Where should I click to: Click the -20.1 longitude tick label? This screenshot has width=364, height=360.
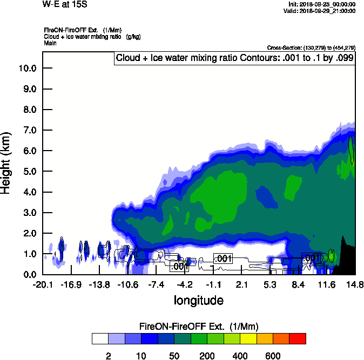[43, 284]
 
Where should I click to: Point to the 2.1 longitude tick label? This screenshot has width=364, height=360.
[241, 284]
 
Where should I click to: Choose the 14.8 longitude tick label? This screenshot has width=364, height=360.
[355, 284]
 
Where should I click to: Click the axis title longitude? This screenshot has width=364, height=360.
[198, 300]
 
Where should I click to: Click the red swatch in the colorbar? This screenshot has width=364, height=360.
[298, 338]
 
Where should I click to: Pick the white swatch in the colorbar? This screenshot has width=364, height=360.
[100, 338]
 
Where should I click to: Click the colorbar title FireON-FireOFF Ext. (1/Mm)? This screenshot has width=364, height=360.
[199, 327]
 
